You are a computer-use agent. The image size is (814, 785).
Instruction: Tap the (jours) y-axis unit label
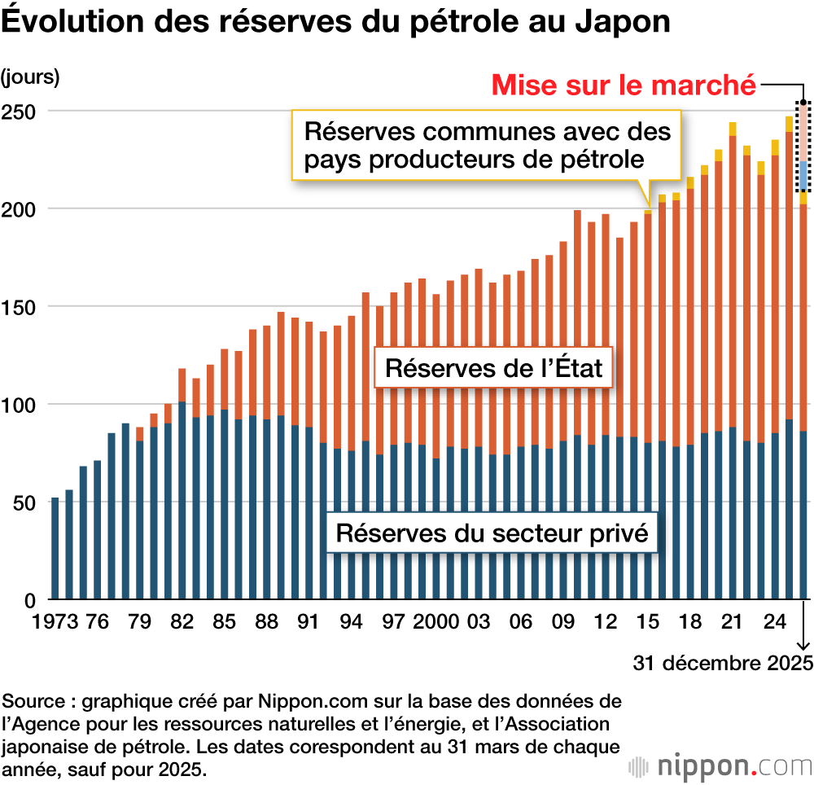tap(30, 78)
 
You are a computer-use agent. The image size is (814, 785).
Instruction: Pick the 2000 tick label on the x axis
tap(437, 622)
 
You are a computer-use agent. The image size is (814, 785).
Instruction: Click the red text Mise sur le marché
tap(624, 85)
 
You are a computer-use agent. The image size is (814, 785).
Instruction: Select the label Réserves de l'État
tap(493, 368)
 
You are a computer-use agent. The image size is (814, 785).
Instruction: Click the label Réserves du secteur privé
tap(492, 533)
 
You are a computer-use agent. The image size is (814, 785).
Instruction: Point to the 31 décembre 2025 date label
tap(724, 662)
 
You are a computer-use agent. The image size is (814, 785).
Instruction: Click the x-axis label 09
tap(562, 622)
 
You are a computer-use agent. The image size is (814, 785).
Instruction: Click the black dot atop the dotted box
tap(803, 103)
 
